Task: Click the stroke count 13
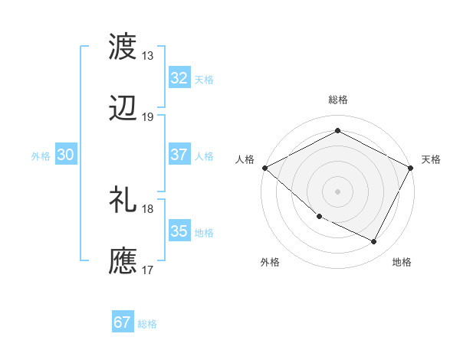click(x=148, y=56)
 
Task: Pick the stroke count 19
click(x=148, y=117)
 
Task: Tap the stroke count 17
click(x=148, y=270)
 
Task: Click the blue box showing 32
click(x=179, y=78)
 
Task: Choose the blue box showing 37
click(x=179, y=155)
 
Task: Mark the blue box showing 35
click(x=179, y=232)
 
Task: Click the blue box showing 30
click(x=66, y=155)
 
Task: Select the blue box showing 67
click(x=123, y=322)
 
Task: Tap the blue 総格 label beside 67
click(x=147, y=324)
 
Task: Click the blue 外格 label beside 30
click(x=41, y=156)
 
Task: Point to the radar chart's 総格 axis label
click(x=337, y=100)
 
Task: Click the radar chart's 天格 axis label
click(x=431, y=159)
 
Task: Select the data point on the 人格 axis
click(x=264, y=168)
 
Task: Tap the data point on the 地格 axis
click(x=374, y=242)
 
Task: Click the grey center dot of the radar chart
click(x=337, y=191)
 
